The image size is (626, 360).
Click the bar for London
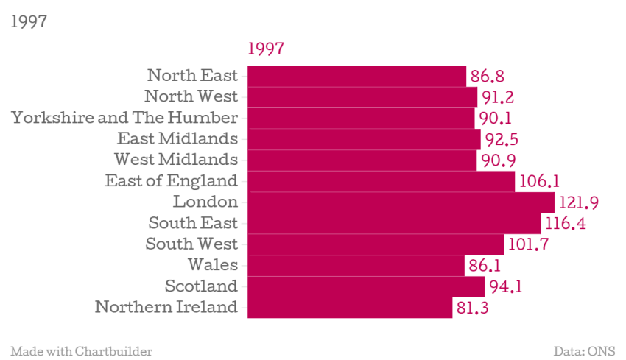click(x=401, y=202)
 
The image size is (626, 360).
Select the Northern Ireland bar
click(x=350, y=308)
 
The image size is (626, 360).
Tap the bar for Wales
click(x=356, y=266)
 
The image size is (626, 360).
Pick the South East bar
click(x=394, y=223)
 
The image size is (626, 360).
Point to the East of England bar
click(x=381, y=181)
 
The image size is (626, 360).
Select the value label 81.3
click(x=473, y=308)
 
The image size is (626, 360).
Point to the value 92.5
click(x=503, y=139)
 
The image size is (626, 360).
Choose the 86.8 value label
click(x=487, y=76)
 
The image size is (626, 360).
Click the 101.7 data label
click(x=527, y=244)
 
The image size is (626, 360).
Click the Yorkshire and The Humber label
click(x=124, y=118)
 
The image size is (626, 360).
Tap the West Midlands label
click(x=176, y=160)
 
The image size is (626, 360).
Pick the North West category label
click(x=191, y=96)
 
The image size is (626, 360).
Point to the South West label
click(x=191, y=244)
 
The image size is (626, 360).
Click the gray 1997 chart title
click(x=29, y=21)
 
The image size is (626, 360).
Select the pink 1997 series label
click(x=266, y=49)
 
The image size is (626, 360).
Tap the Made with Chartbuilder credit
click(x=81, y=351)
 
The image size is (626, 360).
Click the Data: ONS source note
click(x=584, y=351)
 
